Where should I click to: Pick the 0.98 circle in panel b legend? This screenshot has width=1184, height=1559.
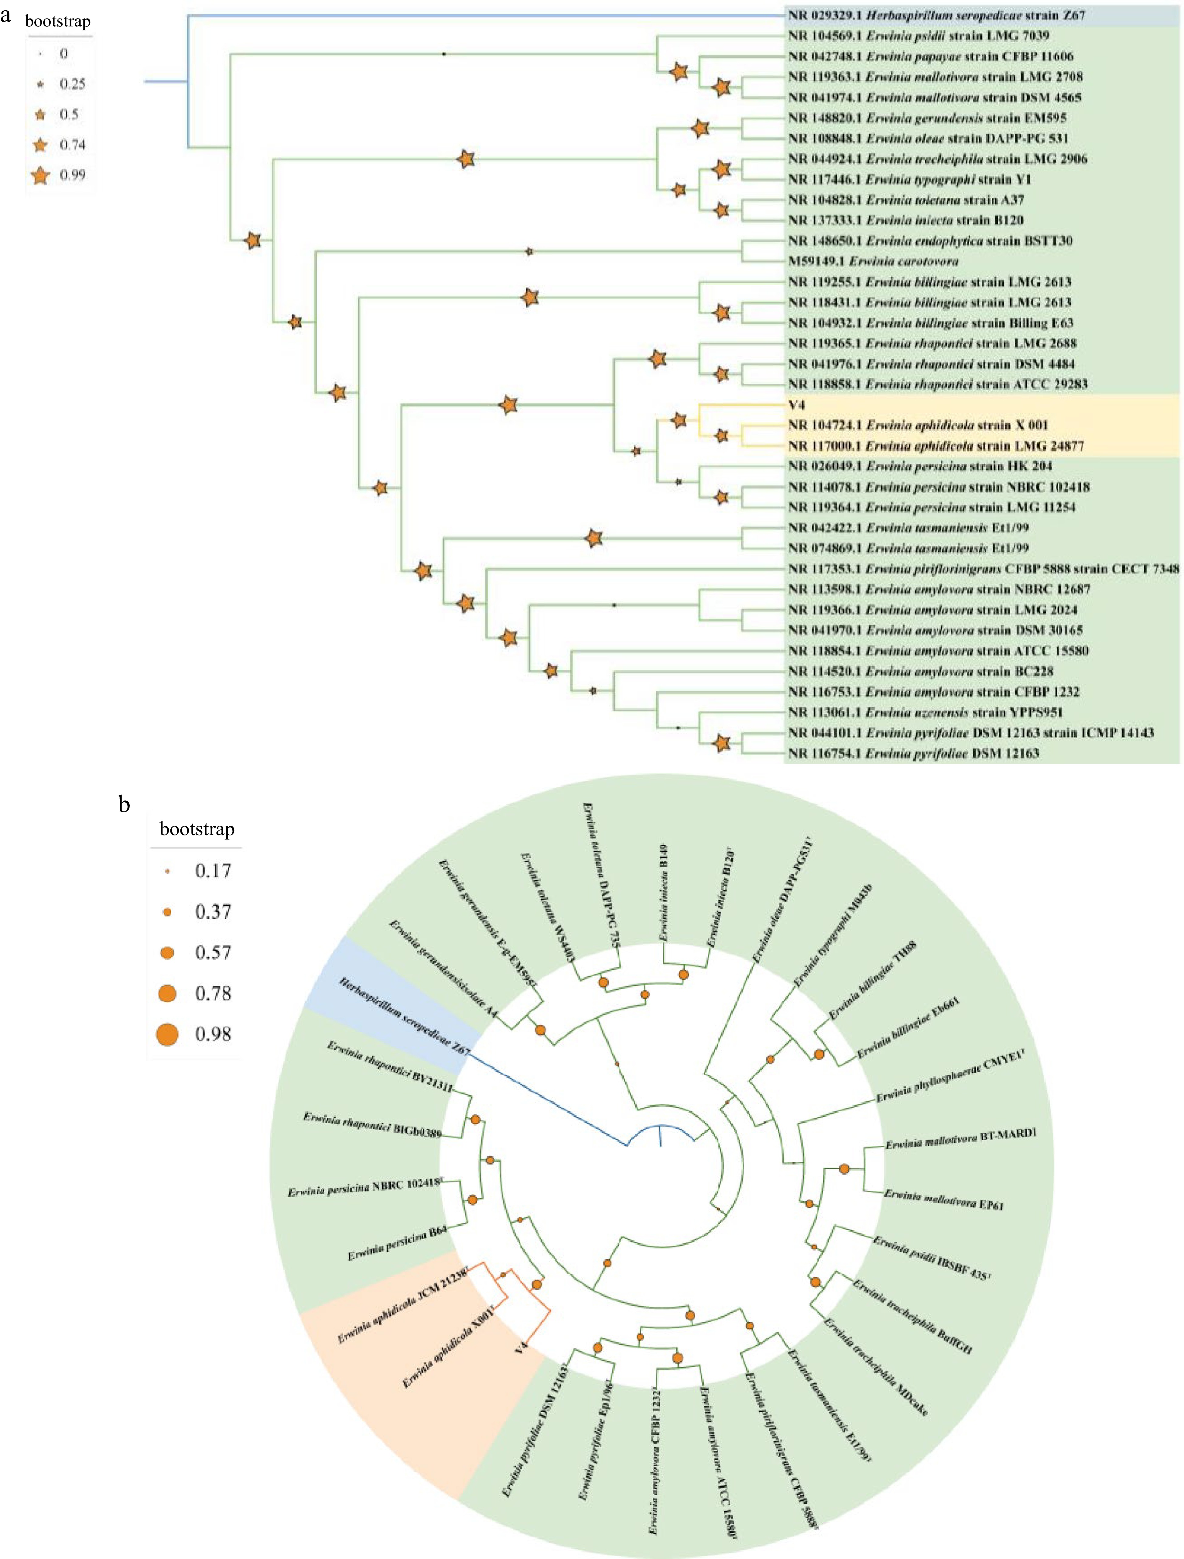[x=167, y=1034]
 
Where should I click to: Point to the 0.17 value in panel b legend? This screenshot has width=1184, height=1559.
[x=213, y=871]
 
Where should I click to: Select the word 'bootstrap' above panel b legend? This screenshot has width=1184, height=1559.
[x=197, y=829]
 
